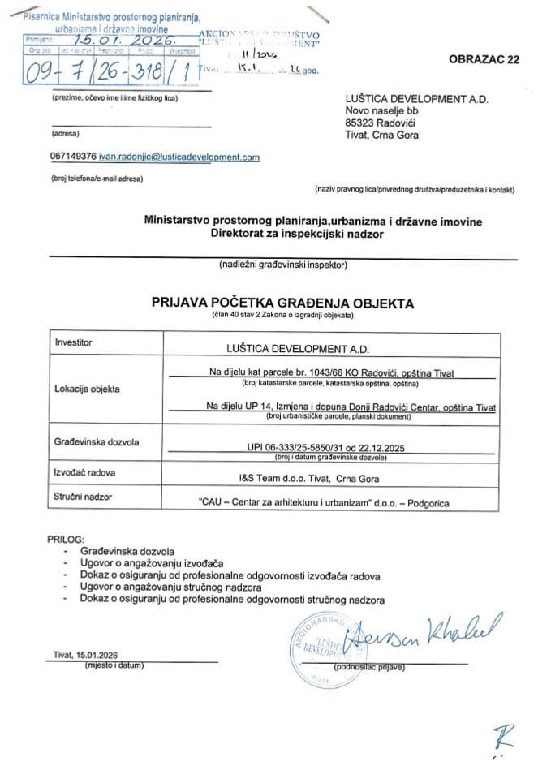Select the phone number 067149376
73,157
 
